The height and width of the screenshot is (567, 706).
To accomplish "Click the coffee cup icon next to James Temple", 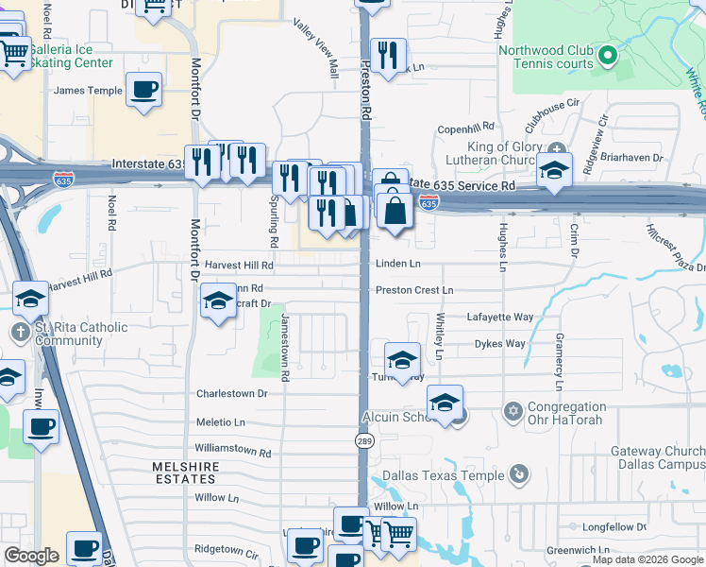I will (143, 91).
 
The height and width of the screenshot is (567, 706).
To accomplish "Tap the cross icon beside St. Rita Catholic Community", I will (20, 331).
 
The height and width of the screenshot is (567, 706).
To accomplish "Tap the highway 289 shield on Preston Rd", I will (363, 440).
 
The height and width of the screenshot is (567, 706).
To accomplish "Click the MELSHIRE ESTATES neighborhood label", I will (186, 473).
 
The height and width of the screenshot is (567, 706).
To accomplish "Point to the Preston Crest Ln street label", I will (414, 290).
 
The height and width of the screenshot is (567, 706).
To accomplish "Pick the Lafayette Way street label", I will (499, 318).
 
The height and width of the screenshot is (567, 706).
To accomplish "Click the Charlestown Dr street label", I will (231, 393).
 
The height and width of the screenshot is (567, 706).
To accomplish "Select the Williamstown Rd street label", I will (232, 453).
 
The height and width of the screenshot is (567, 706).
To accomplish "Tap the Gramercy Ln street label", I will (559, 369).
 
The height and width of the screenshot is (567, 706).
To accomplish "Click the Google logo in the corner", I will (31, 556).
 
